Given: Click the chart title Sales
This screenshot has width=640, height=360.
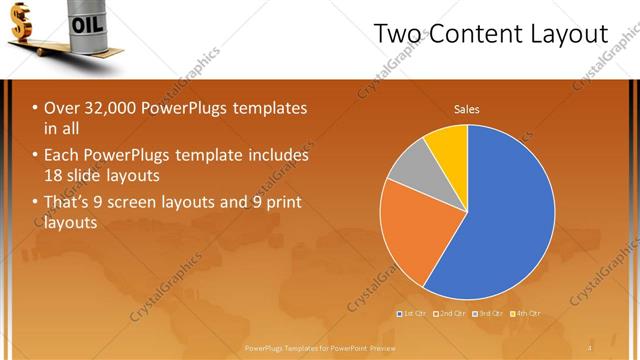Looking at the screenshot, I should tap(467, 108).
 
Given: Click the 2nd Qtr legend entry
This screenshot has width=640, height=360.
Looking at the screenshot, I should tap(451, 314).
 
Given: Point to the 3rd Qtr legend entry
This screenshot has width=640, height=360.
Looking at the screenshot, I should tap(487, 314).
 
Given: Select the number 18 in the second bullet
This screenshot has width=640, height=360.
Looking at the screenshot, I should tap(54, 175).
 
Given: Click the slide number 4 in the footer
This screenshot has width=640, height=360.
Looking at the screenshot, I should tap(590, 347).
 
